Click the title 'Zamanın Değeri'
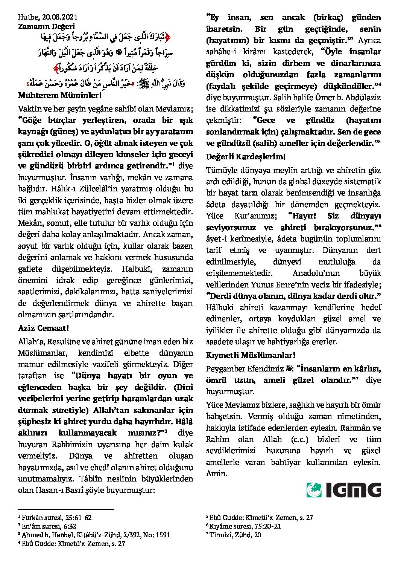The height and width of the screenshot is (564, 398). (46, 26)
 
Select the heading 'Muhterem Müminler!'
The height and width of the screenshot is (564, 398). (55, 95)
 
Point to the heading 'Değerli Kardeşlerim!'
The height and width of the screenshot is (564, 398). (246, 156)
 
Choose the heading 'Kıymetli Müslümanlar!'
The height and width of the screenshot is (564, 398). (251, 355)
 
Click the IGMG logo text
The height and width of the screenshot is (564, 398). (353, 490)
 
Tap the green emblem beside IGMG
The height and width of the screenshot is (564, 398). (314, 490)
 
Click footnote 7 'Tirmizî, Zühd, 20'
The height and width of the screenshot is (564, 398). (235, 535)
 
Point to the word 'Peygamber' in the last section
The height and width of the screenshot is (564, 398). (224, 369)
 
